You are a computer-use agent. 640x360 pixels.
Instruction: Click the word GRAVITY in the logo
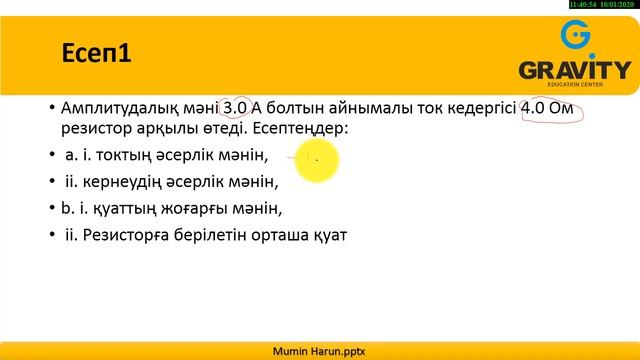[x=574, y=70]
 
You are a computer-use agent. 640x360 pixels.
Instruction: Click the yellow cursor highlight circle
[x=318, y=158]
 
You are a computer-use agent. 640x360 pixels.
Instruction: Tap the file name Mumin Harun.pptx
[x=319, y=352]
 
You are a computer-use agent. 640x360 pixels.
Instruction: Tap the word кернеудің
[x=123, y=183]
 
